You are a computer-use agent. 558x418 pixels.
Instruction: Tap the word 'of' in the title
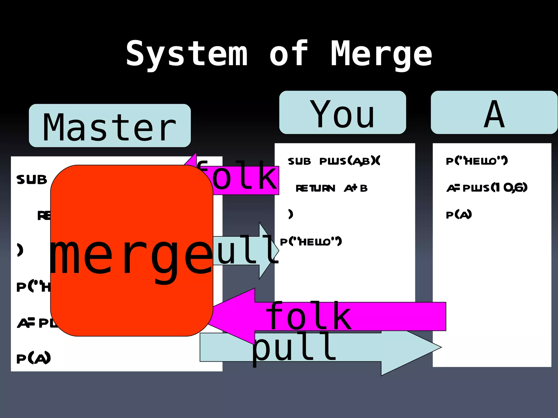[x=289, y=54]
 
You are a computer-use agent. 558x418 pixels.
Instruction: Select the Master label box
[x=110, y=126]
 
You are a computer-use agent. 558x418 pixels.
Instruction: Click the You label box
[x=342, y=113]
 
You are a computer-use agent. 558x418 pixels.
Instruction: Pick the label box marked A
[x=494, y=113]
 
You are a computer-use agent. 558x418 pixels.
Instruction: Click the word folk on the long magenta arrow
[x=308, y=316]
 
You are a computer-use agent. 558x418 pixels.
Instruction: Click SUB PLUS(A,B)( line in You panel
[x=334, y=161]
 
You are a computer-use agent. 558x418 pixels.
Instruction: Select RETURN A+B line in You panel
[x=332, y=188]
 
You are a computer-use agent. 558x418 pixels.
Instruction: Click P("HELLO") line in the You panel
[x=311, y=241]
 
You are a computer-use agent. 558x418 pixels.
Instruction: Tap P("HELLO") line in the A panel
[x=477, y=161]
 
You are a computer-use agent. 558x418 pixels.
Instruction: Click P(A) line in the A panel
[x=459, y=215]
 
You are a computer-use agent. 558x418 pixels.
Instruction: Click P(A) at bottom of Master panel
[x=34, y=358]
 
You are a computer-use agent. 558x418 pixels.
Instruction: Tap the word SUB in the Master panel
[x=32, y=180]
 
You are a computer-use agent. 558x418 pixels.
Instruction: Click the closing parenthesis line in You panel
[x=291, y=214]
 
